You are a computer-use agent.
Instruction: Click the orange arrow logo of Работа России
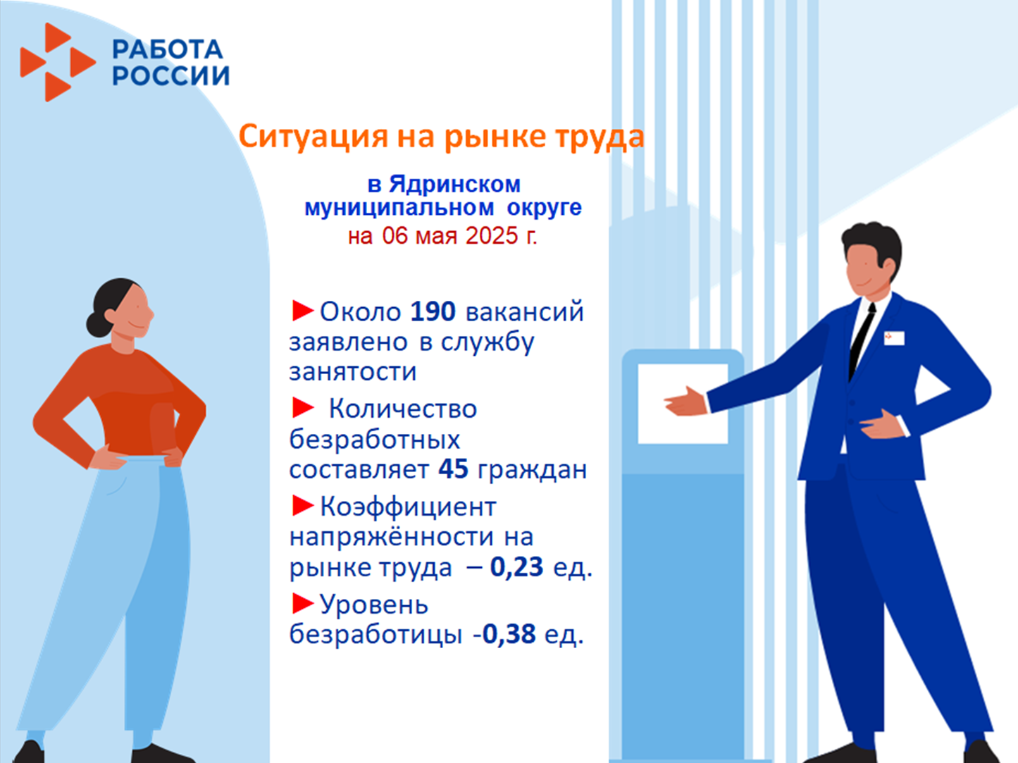[x=58, y=62]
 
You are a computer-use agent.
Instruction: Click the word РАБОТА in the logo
[x=168, y=49]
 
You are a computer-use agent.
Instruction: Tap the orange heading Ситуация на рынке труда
[x=441, y=137]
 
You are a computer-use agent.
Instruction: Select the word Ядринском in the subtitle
[x=454, y=184]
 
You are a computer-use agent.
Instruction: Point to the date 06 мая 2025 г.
[x=459, y=235]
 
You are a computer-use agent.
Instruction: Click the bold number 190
[x=433, y=311]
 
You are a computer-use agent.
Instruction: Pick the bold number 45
[x=453, y=469]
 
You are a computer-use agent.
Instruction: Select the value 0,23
[x=516, y=567]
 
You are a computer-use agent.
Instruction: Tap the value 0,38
[x=509, y=634]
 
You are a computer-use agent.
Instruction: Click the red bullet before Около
[x=302, y=310]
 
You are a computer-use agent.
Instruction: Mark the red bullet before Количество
[x=302, y=408]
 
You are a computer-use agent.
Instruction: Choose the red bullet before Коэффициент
[x=302, y=506]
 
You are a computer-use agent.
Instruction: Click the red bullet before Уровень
[x=302, y=604]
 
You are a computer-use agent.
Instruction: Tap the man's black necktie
[x=861, y=341]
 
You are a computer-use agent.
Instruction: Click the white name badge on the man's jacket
[x=894, y=338]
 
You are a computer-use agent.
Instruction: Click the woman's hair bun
[x=97, y=324]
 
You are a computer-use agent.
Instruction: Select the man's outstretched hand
[x=685, y=402]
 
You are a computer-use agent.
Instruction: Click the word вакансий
[x=525, y=311]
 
